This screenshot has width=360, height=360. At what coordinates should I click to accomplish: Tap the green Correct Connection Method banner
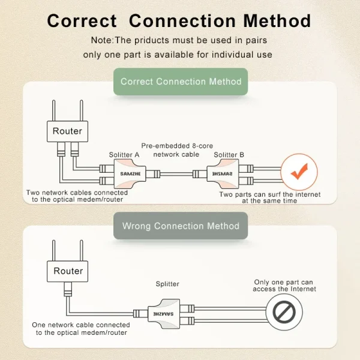click(x=181, y=82)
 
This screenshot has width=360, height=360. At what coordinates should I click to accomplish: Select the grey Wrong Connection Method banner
click(x=181, y=226)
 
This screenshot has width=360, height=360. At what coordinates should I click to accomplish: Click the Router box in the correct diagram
click(x=67, y=131)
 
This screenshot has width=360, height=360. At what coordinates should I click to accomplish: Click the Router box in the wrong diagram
click(x=68, y=271)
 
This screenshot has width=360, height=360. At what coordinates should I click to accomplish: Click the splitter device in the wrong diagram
click(x=164, y=314)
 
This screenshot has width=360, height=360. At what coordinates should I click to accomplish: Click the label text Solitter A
click(x=124, y=155)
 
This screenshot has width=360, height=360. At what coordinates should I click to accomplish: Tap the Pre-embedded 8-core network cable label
click(x=177, y=150)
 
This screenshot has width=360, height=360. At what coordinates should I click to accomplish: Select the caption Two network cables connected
click(x=77, y=196)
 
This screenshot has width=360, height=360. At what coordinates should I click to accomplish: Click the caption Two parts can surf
click(x=270, y=197)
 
